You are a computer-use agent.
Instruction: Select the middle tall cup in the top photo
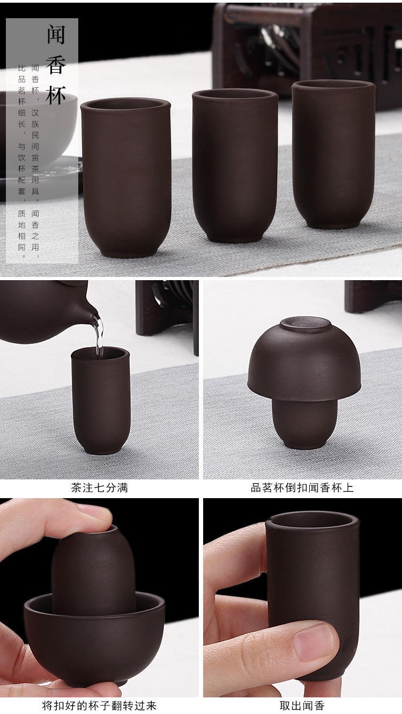tap(235, 166)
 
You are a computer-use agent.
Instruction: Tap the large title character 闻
tap(56, 35)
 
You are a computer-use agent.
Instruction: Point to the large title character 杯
tap(56, 95)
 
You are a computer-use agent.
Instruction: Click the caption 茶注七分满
tap(100, 487)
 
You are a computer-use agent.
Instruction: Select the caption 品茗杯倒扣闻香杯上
tap(302, 487)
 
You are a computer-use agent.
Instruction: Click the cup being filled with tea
tap(101, 400)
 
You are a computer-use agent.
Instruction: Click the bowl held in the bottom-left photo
tap(94, 641)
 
